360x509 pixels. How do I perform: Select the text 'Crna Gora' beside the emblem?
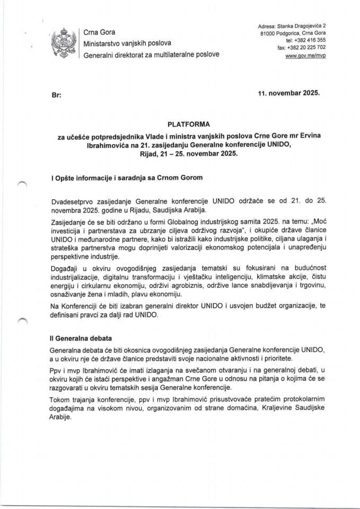pos(99,32)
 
